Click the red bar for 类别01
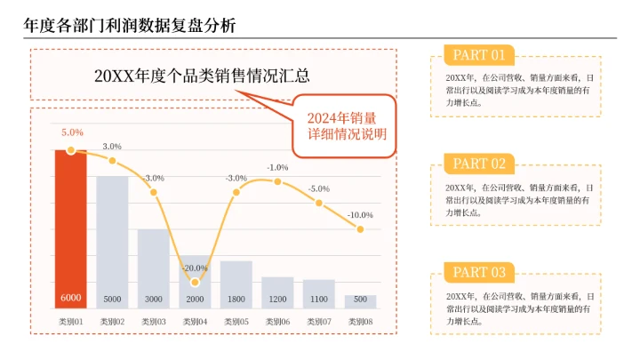70,227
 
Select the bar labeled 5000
112,240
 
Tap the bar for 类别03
153,267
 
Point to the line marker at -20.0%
195,282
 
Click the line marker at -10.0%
360,229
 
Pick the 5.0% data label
72,132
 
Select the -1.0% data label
277,167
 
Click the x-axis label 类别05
236,321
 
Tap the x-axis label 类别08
360,321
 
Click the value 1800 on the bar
236,299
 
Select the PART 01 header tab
478,55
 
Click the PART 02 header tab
478,164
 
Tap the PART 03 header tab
478,272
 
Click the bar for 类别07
319,293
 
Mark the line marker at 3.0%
112,161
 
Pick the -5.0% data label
318,188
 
